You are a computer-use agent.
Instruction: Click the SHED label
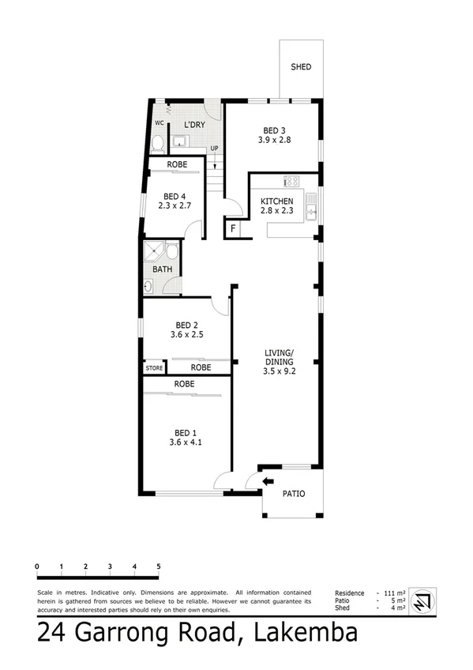(300, 67)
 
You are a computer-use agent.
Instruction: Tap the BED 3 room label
(274, 130)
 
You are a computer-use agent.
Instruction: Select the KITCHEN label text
(277, 201)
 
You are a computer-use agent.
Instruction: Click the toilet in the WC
(158, 143)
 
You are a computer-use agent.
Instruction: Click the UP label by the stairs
(214, 149)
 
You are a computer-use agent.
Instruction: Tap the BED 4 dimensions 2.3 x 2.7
(174, 206)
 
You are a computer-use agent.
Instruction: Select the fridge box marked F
(232, 230)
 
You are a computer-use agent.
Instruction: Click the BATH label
(162, 270)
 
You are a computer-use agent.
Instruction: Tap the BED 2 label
(186, 325)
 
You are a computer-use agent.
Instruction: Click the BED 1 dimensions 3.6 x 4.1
(185, 442)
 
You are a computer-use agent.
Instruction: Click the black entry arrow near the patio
(268, 480)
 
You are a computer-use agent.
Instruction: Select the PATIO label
(293, 495)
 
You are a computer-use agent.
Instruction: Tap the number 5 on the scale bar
(159, 566)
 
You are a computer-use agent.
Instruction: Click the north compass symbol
(423, 600)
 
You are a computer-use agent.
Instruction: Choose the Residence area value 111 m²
(393, 593)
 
